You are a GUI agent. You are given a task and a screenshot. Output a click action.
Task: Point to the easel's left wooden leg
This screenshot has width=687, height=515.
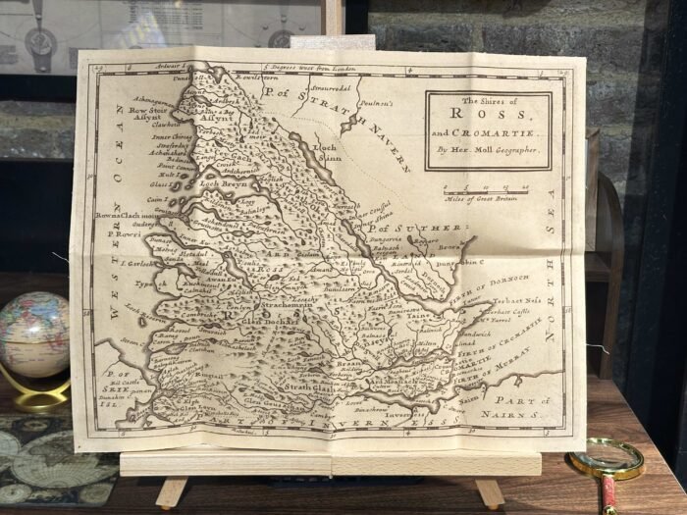172,491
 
